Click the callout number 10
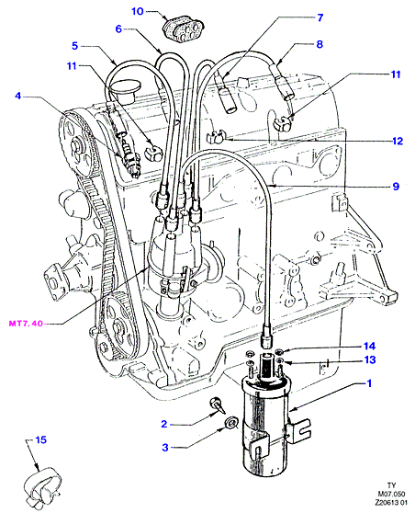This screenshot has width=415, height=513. (x=138, y=11)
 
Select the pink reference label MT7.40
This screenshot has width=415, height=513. (x=26, y=324)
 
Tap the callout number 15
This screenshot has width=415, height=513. (x=40, y=439)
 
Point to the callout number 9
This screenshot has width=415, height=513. (x=396, y=187)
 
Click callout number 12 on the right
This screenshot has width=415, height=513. (x=398, y=141)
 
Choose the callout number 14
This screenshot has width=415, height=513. (x=370, y=347)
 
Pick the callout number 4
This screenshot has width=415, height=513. (x=18, y=96)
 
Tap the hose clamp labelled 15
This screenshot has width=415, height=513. (x=42, y=485)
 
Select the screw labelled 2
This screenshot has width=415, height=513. (x=217, y=405)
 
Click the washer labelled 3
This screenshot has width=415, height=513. (x=231, y=422)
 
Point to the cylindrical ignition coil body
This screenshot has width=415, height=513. (x=265, y=426)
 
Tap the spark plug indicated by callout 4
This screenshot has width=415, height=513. (x=131, y=158)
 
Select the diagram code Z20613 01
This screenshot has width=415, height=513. (x=390, y=503)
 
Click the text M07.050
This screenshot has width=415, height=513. (x=391, y=494)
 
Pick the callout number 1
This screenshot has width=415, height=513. (x=369, y=383)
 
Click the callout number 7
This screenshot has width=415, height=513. (x=320, y=17)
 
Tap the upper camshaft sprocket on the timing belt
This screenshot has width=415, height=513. (x=76, y=145)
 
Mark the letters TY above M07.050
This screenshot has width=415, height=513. (x=391, y=485)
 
